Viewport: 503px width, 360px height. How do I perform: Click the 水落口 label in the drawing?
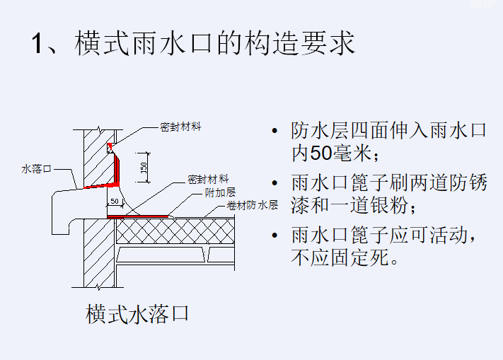coord(37,169)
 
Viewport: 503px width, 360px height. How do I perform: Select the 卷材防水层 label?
coord(252,206)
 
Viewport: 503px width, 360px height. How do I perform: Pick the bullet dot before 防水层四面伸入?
coord(274,132)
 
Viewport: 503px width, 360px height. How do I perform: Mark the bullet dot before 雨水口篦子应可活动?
coord(274,236)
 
